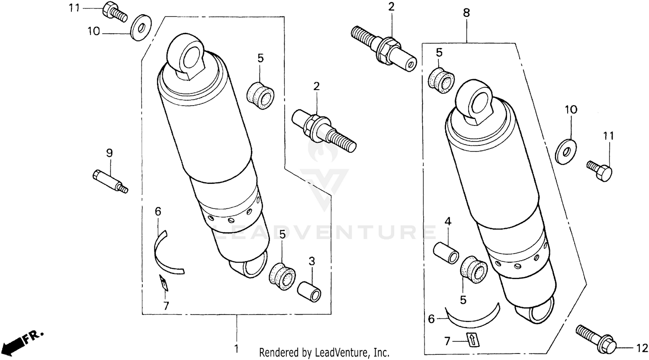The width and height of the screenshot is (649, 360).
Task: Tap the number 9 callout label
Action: [109, 152]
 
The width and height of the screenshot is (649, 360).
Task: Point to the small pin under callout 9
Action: [109, 181]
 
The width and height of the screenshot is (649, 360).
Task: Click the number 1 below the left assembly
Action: [236, 349]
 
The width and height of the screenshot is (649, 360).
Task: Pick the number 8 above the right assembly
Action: [466, 13]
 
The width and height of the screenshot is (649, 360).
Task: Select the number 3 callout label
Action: [312, 261]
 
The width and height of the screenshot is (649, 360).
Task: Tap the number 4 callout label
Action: [448, 222]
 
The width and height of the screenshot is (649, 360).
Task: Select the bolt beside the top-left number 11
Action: [114, 12]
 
